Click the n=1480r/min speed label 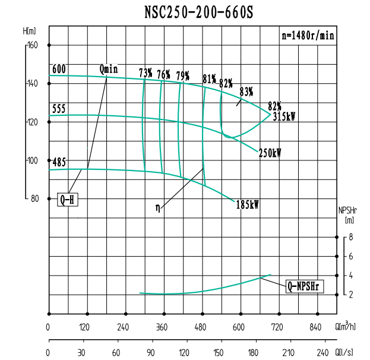tap(308, 35)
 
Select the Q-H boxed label tap(68, 200)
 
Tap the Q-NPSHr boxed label tap(303, 286)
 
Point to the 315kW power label tap(284, 117)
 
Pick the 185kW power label tap(247, 205)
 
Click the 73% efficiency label tap(146, 74)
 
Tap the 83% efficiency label tap(246, 91)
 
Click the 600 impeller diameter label tap(59, 70)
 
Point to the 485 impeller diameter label tap(59, 162)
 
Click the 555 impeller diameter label tap(59, 109)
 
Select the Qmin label tap(109, 70)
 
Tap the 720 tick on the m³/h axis tap(277, 326)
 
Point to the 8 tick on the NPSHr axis tap(350, 238)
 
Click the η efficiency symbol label tap(158, 208)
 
